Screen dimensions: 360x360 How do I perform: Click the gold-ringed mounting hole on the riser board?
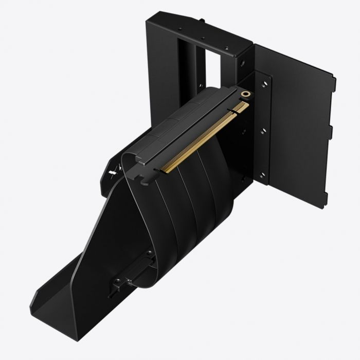coord(247,95)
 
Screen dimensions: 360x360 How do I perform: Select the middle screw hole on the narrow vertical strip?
coord(264,131)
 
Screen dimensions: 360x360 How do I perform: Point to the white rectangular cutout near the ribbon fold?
coord(114,169)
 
